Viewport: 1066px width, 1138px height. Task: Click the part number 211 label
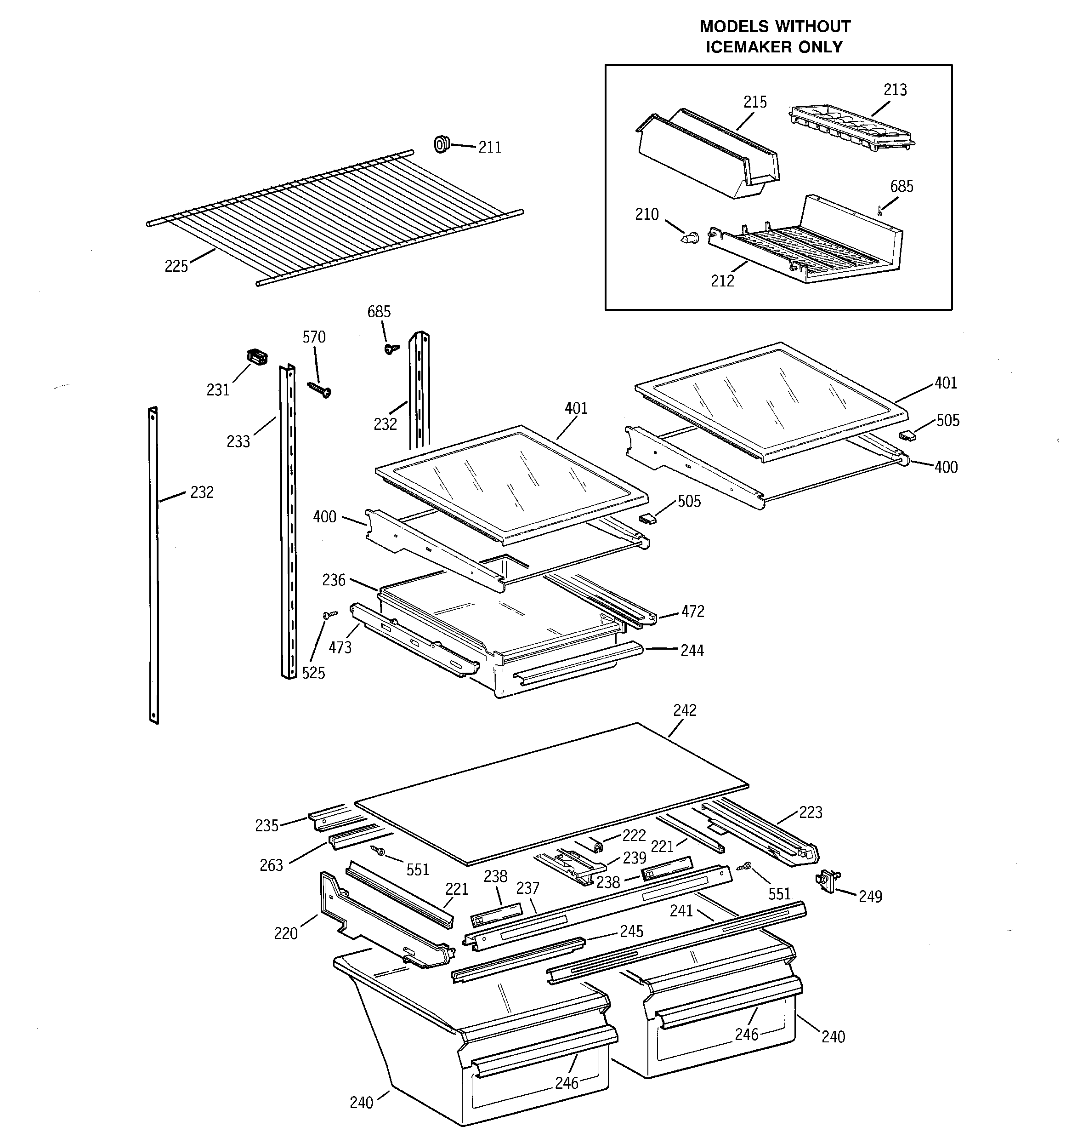coord(489,148)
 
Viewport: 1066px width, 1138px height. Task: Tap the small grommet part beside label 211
coord(441,144)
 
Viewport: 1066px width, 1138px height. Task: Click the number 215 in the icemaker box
coord(755,103)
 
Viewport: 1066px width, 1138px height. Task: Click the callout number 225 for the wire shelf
coord(176,267)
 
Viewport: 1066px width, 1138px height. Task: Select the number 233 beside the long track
coord(238,442)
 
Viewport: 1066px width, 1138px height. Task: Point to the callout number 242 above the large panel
coord(684,710)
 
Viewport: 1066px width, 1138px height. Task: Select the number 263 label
coord(271,865)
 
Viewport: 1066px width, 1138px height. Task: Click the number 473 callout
coord(340,647)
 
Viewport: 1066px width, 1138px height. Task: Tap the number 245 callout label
coord(631,932)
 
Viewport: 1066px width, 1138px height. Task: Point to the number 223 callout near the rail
coord(810,812)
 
